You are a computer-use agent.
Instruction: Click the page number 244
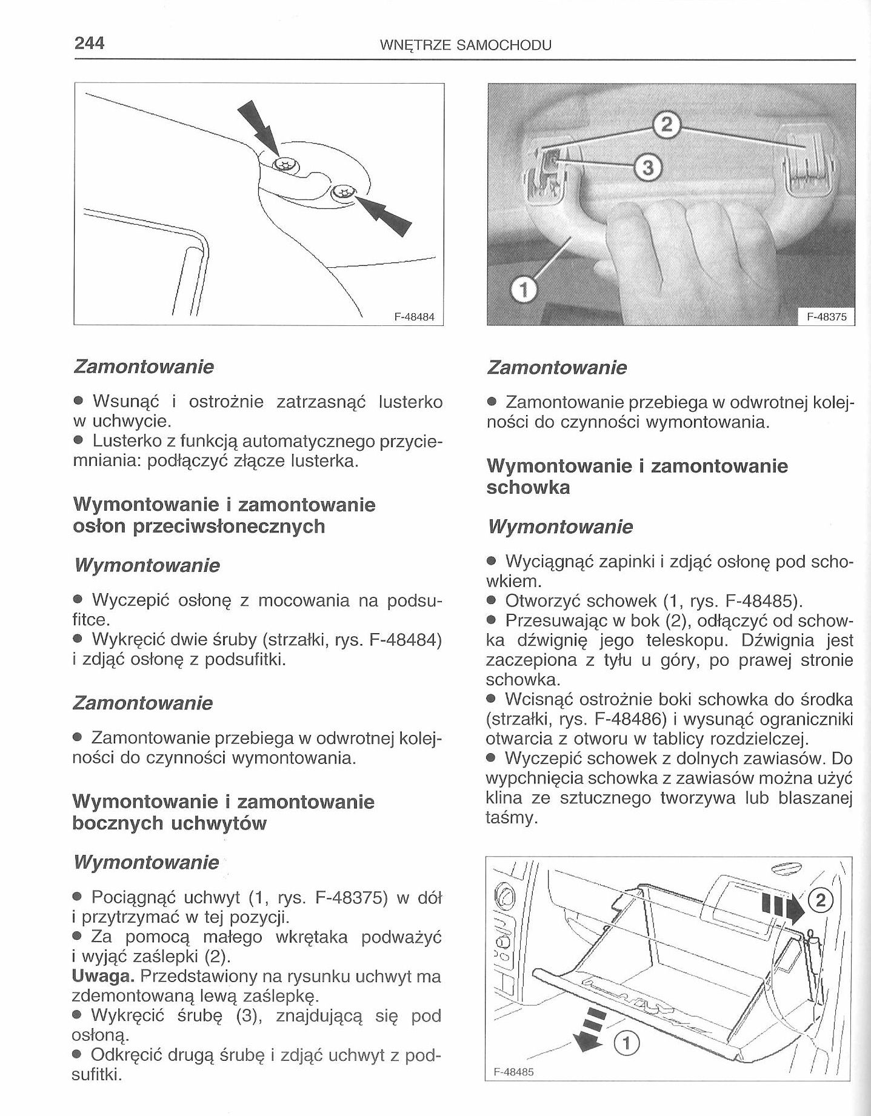[x=90, y=44]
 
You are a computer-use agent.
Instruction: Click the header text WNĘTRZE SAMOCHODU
[x=465, y=45]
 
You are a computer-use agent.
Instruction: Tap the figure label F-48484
[x=415, y=317]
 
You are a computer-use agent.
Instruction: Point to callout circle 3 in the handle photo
[x=648, y=167]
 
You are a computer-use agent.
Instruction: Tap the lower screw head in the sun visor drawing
[x=344, y=192]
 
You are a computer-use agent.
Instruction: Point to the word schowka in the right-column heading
[x=528, y=488]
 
